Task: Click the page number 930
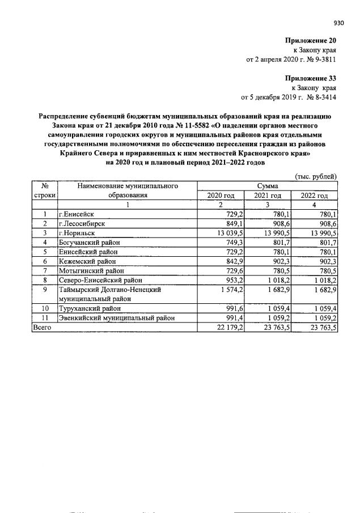(x=338, y=23)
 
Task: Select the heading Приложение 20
(x=311, y=41)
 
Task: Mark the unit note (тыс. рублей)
(x=316, y=176)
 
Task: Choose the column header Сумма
(x=267, y=185)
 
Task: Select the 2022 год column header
(x=314, y=195)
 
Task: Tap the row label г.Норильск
(x=77, y=232)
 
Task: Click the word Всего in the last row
(x=43, y=327)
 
